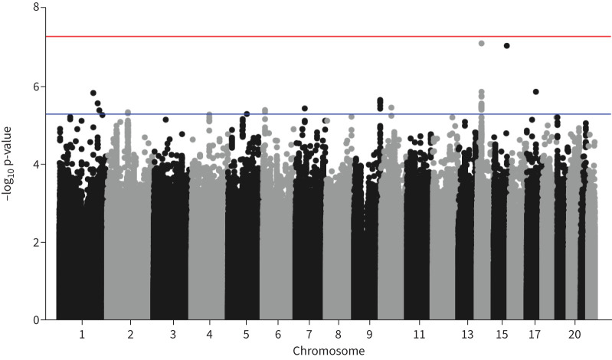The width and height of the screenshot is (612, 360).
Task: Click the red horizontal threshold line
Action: [x=328, y=37]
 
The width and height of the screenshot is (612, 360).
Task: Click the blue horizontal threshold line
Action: [x=328, y=114]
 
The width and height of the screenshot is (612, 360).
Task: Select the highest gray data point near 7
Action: [x=481, y=44]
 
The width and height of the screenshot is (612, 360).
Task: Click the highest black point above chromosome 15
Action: [x=507, y=46]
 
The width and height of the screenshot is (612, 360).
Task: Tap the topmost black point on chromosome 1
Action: [x=93, y=93]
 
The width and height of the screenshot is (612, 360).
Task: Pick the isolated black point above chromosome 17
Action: [x=536, y=92]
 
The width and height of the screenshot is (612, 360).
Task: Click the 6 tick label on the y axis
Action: [x=36, y=87]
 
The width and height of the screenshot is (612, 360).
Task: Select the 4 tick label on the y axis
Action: [x=36, y=164]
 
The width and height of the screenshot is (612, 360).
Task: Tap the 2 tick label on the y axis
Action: [x=36, y=242]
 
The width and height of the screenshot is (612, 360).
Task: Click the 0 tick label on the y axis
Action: [x=36, y=319]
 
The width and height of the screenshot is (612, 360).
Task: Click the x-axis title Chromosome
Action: [x=329, y=351]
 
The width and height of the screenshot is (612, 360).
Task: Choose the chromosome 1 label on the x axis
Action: [x=82, y=335]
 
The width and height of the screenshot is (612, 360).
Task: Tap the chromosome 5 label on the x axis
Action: [x=246, y=335]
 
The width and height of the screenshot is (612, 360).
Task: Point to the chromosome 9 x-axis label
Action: [x=369, y=335]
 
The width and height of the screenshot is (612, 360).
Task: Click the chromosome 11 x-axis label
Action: [x=419, y=335]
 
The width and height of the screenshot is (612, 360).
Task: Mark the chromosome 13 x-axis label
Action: [x=467, y=335]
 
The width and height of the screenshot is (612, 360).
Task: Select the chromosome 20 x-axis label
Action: [x=574, y=335]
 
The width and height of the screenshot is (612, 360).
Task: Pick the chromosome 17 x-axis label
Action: [x=535, y=335]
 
